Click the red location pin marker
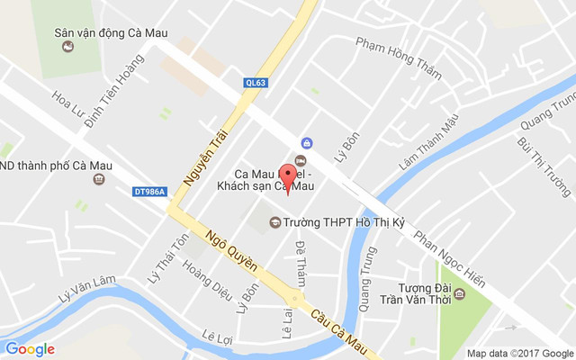coord(287,175)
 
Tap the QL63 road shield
coord(256,83)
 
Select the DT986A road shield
coord(150,191)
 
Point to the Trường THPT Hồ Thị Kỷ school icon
coord(274,222)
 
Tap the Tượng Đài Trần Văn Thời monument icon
coord(460,294)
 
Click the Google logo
coord(30,349)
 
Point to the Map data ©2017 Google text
coord(519,353)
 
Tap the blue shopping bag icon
coord(307,143)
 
